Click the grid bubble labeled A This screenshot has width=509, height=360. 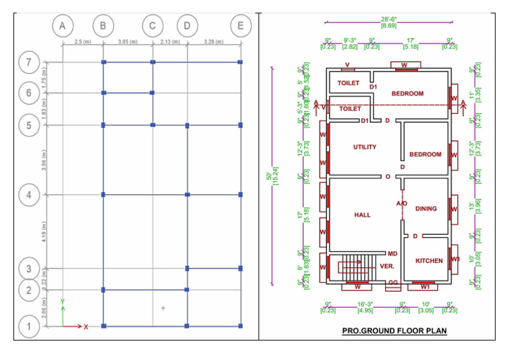click(62, 26)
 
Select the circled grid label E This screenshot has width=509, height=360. click(240, 26)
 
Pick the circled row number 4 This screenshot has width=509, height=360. click(28, 195)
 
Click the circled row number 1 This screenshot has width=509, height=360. click(28, 326)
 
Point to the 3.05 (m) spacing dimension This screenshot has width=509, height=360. click(127, 42)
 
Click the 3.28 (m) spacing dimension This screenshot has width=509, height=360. click(213, 42)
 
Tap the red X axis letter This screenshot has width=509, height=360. click(86, 326)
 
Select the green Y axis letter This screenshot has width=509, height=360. click(62, 302)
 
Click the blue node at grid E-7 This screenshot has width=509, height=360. click(240, 62)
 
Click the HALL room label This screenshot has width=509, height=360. click(363, 215)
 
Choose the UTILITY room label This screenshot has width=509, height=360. click(365, 147)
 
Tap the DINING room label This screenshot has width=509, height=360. click(426, 209)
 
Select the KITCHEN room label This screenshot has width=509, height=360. click(429, 261)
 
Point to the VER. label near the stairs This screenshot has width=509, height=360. click(387, 266)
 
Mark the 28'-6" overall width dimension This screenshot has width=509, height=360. click(388, 21)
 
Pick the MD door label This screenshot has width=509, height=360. click(392, 254)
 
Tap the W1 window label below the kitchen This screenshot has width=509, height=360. click(425, 287)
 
